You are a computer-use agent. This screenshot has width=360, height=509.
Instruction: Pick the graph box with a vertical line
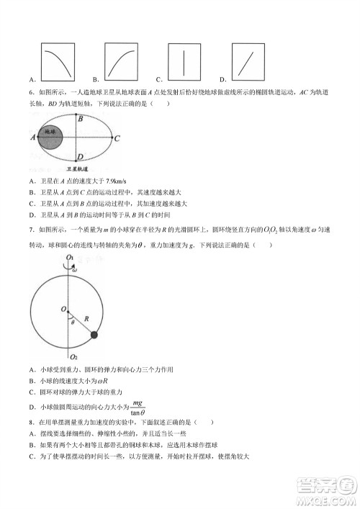(x=184, y=61)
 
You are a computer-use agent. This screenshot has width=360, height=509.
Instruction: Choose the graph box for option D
(x=249, y=61)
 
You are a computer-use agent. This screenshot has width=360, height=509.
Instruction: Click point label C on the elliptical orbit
(x=117, y=137)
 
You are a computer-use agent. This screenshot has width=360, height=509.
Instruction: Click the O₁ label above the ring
(x=70, y=258)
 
